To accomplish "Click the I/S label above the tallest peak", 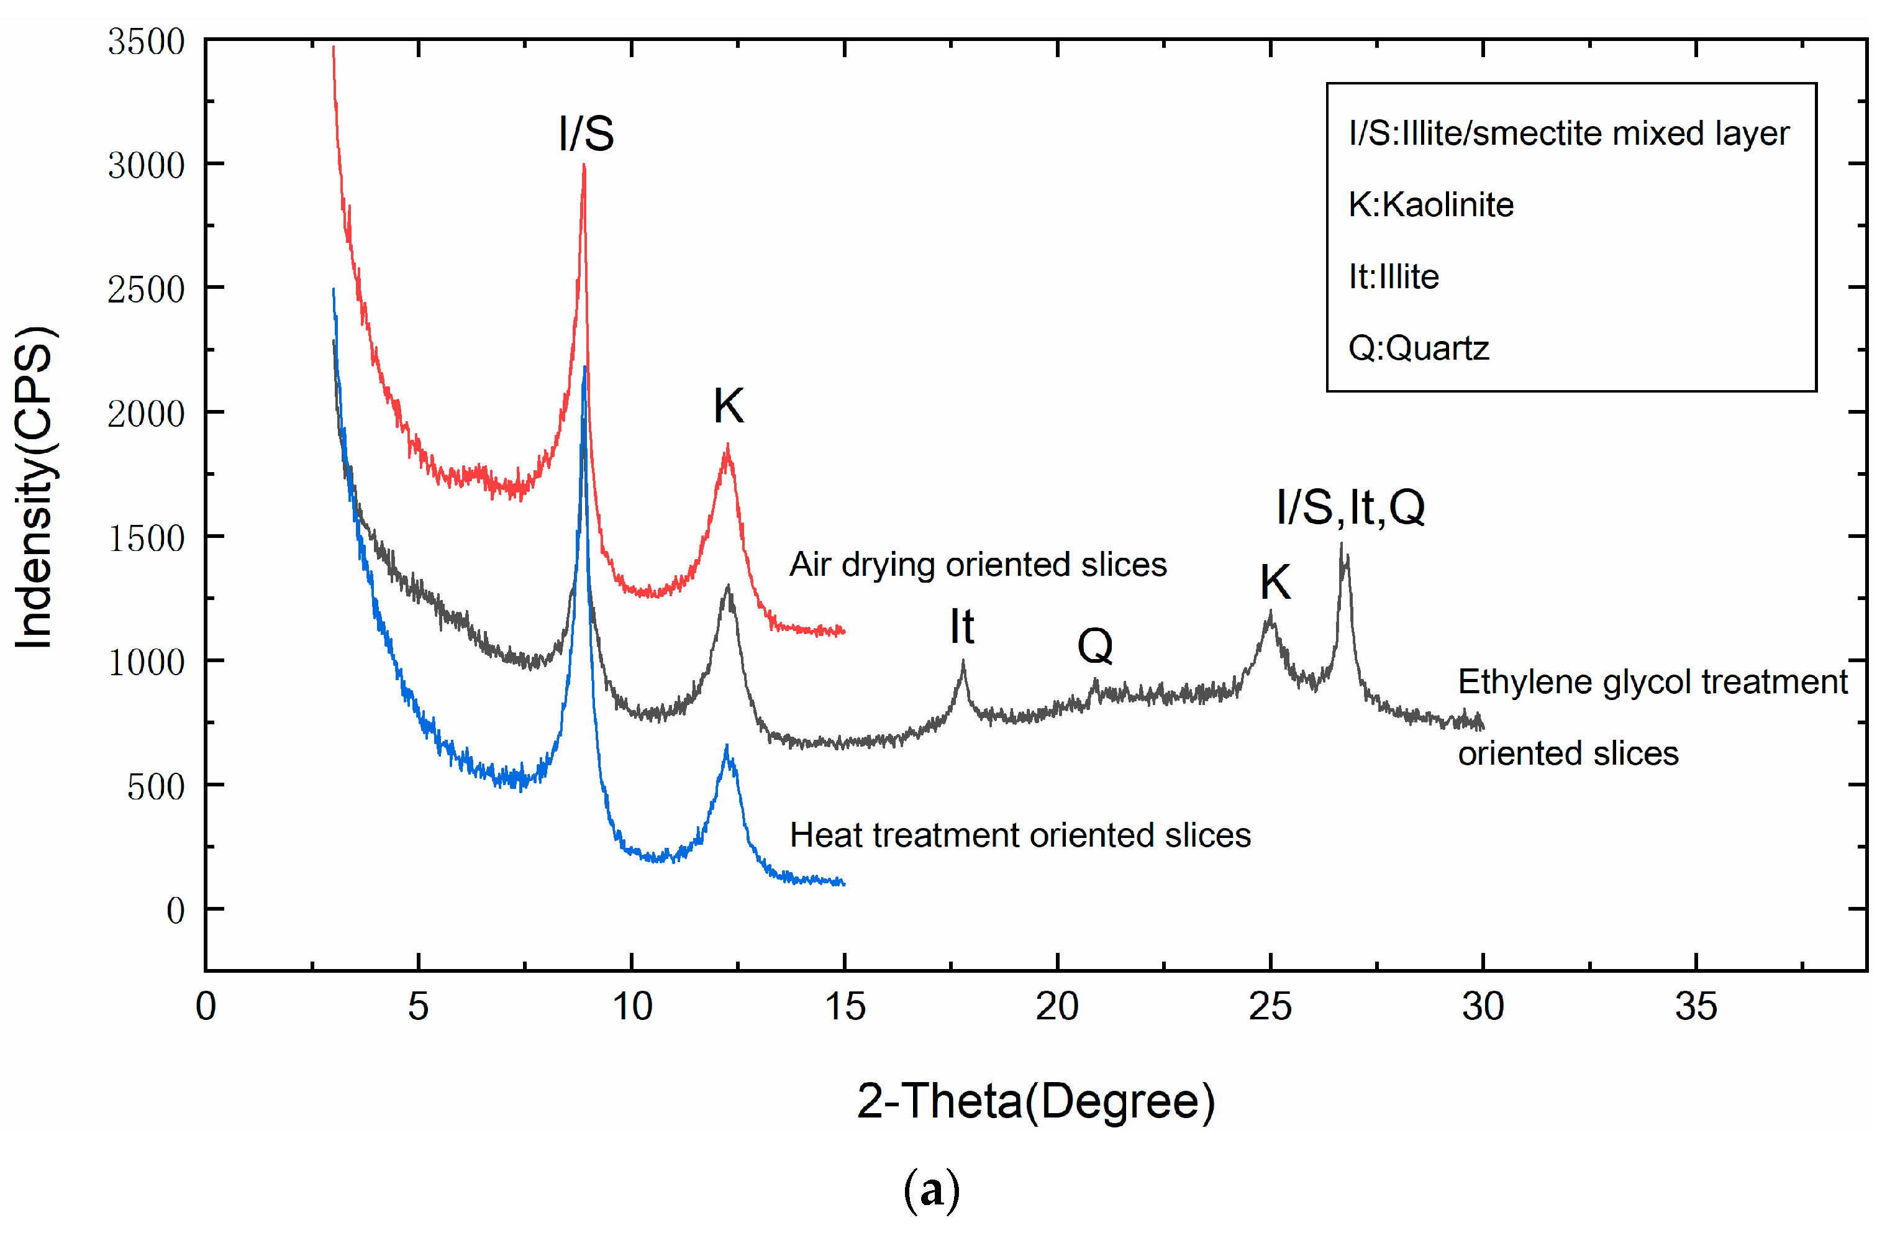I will [x=586, y=133].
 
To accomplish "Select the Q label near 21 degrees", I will [x=1095, y=645].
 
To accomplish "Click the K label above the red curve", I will [x=728, y=406].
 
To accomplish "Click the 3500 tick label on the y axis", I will [x=146, y=42].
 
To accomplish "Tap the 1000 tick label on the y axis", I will [x=146, y=662].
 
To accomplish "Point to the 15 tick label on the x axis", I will [x=844, y=1007].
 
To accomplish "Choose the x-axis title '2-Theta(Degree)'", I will [x=1035, y=1101].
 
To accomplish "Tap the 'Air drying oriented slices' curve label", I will [x=978, y=565].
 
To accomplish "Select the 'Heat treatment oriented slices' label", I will [x=1020, y=835].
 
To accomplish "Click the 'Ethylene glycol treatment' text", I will [x=1652, y=682].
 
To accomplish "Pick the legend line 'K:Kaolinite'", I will [x=1431, y=204].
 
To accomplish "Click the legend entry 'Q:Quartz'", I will [x=1418, y=348].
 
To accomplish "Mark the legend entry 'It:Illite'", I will [x=1393, y=276].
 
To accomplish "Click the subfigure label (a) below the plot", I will [x=932, y=1191].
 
